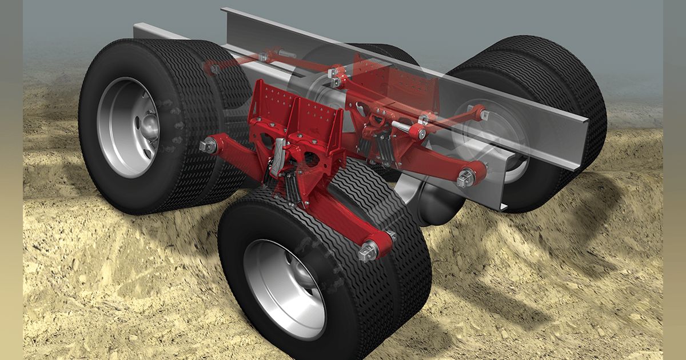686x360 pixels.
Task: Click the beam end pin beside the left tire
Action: point(207,147)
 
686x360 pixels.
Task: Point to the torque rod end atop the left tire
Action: point(215,69)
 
